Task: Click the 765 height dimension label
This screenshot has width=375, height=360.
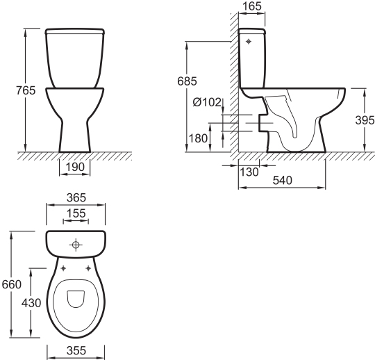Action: click(x=26, y=90)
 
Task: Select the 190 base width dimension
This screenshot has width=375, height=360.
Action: click(x=75, y=167)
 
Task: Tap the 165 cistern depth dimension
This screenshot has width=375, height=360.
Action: click(x=252, y=6)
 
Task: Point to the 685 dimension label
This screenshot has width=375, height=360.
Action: click(x=187, y=81)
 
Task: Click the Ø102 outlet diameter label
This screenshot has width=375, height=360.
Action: click(x=207, y=102)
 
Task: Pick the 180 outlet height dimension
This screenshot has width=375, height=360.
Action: click(x=198, y=138)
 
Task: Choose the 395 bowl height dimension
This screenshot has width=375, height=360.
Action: click(x=365, y=120)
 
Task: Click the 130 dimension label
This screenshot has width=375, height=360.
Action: click(x=249, y=172)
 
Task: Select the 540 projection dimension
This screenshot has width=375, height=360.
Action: click(x=283, y=181)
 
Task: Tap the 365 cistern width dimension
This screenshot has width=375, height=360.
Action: click(x=76, y=197)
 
